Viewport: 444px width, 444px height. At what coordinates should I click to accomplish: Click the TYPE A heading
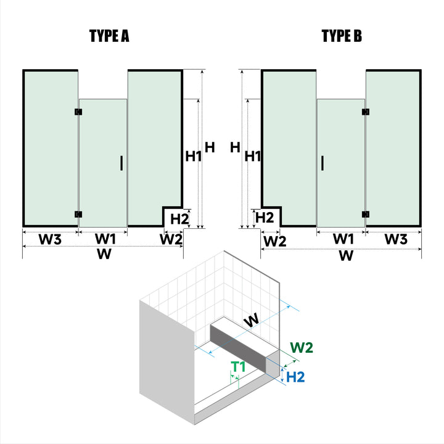click(109, 36)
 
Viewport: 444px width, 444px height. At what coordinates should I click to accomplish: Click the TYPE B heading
click(342, 36)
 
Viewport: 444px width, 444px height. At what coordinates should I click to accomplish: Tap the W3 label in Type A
click(51, 239)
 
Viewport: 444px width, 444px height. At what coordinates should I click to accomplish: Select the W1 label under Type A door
click(105, 239)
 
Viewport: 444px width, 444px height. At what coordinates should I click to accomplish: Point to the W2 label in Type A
click(171, 239)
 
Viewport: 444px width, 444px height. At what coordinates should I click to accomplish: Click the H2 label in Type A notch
click(179, 218)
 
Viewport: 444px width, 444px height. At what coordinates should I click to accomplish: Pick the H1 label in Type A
click(194, 157)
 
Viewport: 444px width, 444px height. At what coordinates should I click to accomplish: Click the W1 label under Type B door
click(343, 239)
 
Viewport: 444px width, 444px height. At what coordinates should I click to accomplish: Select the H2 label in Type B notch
click(265, 218)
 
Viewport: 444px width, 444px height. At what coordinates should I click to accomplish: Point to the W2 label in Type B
click(274, 241)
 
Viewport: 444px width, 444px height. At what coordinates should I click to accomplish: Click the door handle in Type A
click(122, 163)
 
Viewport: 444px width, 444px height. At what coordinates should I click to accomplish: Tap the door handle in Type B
click(322, 163)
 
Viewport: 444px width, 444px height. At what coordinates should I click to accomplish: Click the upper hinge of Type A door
click(78, 112)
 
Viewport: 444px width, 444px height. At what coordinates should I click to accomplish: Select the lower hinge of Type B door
click(366, 215)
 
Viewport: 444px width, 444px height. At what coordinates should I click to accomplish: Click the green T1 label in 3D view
click(238, 367)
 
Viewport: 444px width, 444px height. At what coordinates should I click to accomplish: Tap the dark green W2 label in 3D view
click(302, 348)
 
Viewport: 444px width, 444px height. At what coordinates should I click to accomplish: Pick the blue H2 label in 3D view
click(296, 376)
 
